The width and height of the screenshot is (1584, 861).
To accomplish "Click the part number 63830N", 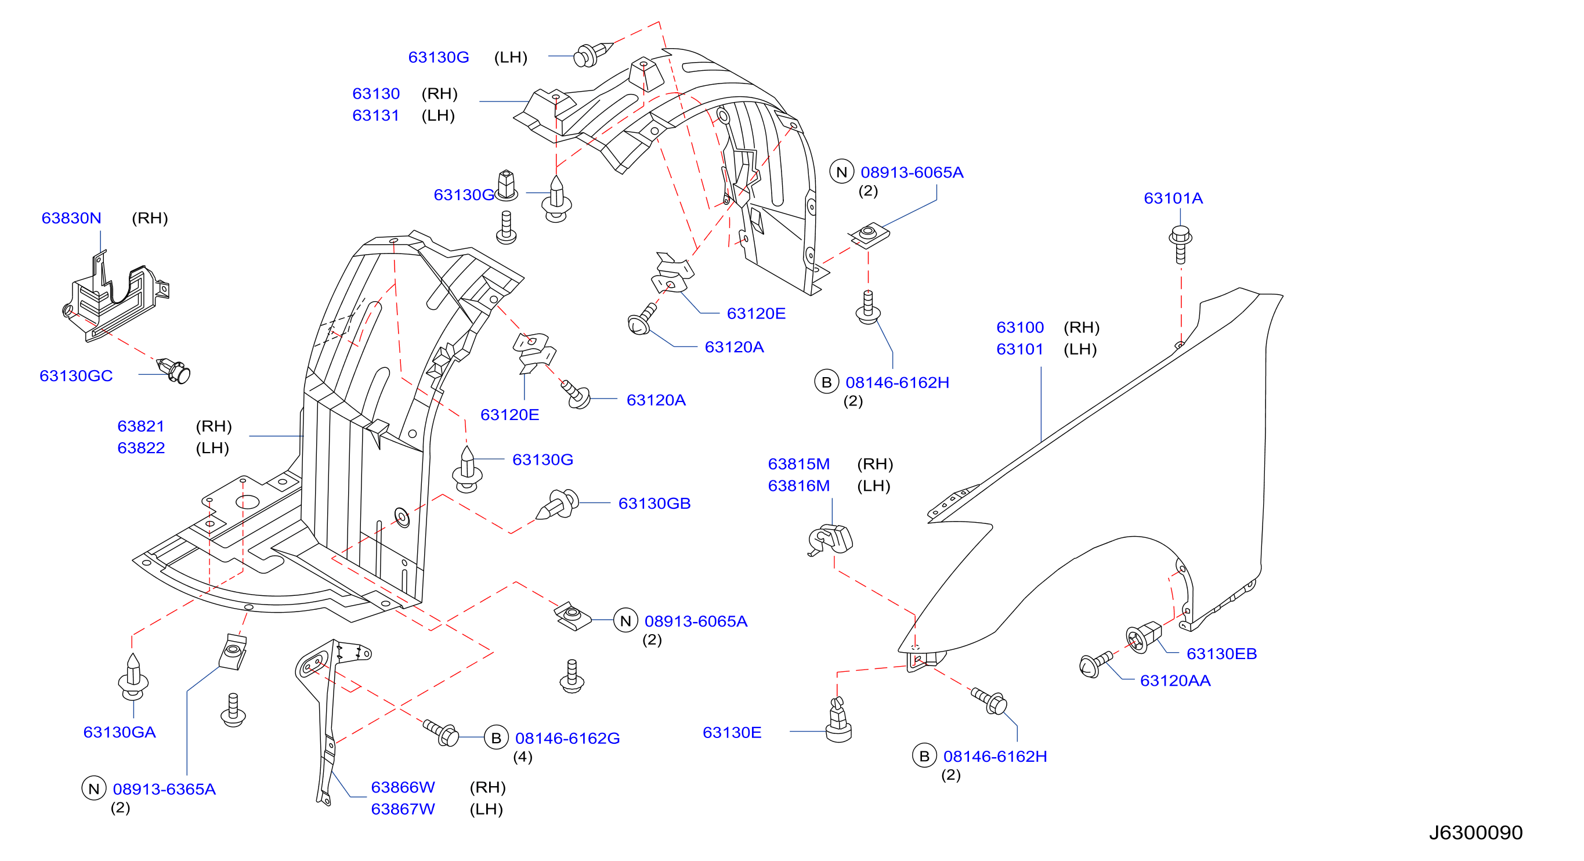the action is click(x=71, y=218).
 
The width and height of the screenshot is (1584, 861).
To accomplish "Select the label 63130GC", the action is click(x=76, y=376).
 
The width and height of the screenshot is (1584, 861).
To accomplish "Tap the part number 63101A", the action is click(x=1173, y=198).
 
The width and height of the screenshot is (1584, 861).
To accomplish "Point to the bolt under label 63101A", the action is click(x=1180, y=244).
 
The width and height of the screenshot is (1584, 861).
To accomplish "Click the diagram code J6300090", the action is click(x=1475, y=833).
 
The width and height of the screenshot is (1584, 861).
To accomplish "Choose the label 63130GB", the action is click(x=654, y=504).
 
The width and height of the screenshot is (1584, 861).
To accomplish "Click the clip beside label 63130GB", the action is click(x=558, y=504).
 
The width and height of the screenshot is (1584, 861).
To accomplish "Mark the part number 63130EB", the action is click(x=1221, y=654).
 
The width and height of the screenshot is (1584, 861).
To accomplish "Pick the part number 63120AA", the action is click(x=1175, y=681).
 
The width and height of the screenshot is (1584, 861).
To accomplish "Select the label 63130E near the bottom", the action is click(x=732, y=732).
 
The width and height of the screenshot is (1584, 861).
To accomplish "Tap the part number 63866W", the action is click(x=403, y=787).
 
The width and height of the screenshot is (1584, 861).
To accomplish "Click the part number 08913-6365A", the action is click(x=164, y=789).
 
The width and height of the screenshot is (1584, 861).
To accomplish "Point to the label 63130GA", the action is click(x=120, y=732).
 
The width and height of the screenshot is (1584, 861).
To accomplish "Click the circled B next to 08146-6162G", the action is click(x=496, y=738).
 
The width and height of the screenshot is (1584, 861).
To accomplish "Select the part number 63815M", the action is click(x=799, y=464).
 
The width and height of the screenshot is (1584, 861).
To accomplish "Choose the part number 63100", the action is click(x=1020, y=327).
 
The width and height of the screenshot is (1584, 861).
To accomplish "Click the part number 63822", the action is click(x=141, y=448).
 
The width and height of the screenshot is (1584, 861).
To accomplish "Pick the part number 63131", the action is click(x=376, y=115).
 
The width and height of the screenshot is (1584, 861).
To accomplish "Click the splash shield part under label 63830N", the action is click(x=115, y=296).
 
